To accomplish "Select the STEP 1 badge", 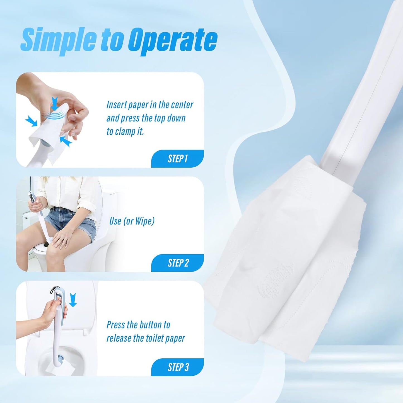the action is click(177, 159).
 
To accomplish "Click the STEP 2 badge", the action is click(177, 263).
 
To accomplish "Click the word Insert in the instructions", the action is click(116, 105).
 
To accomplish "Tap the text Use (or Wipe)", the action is click(132, 221).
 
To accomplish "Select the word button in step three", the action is click(150, 325).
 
